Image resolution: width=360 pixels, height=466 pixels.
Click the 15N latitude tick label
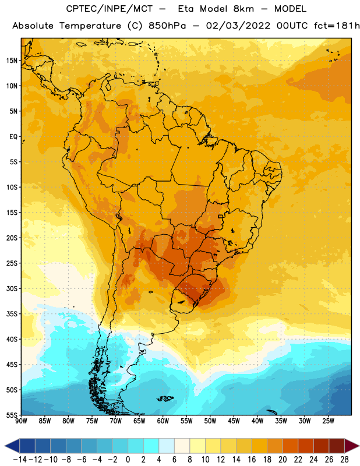click(x=12, y=61)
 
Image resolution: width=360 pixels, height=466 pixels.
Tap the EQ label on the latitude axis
click(x=13, y=137)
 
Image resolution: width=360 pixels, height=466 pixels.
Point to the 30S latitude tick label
click(x=12, y=288)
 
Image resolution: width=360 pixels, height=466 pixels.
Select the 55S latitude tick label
click(x=12, y=415)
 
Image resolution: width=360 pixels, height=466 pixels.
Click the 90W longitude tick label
click(x=22, y=421)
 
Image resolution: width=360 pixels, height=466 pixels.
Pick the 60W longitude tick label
click(x=163, y=421)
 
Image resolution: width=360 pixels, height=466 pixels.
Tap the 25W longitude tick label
click(x=328, y=421)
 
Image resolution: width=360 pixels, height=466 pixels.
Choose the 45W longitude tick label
click(x=234, y=421)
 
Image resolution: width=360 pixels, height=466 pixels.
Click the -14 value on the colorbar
click(x=20, y=460)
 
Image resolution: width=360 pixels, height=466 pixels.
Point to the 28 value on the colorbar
click(x=344, y=460)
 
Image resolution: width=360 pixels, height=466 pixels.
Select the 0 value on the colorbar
click(x=128, y=460)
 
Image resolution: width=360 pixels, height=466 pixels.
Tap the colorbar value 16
click(x=252, y=460)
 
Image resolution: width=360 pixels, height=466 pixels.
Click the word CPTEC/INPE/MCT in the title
click(x=110, y=9)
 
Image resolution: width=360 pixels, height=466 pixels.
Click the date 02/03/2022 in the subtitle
click(x=238, y=26)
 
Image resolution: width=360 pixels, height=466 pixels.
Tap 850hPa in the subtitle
click(x=167, y=26)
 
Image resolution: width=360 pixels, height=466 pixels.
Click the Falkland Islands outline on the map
click(x=165, y=398)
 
